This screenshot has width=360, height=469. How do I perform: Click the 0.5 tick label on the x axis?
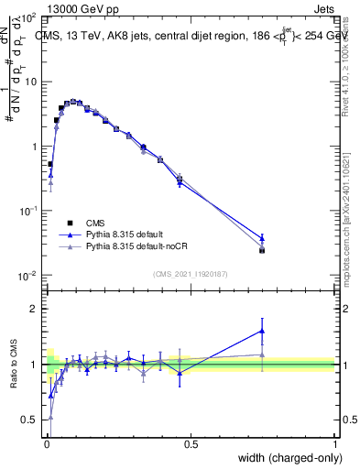coord(191,443)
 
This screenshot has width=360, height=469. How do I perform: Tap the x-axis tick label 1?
coord(334,443)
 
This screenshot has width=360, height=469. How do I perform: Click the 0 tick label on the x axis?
coord(47,443)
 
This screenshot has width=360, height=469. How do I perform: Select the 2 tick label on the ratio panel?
coord(32,309)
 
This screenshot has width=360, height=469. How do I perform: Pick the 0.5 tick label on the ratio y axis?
coord(27,420)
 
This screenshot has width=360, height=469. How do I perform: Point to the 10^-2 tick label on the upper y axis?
coord(27,276)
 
